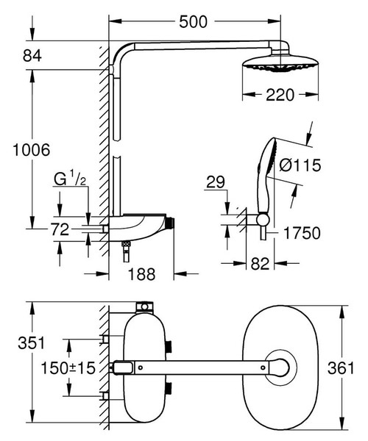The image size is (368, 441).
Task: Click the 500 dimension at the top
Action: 193,21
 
